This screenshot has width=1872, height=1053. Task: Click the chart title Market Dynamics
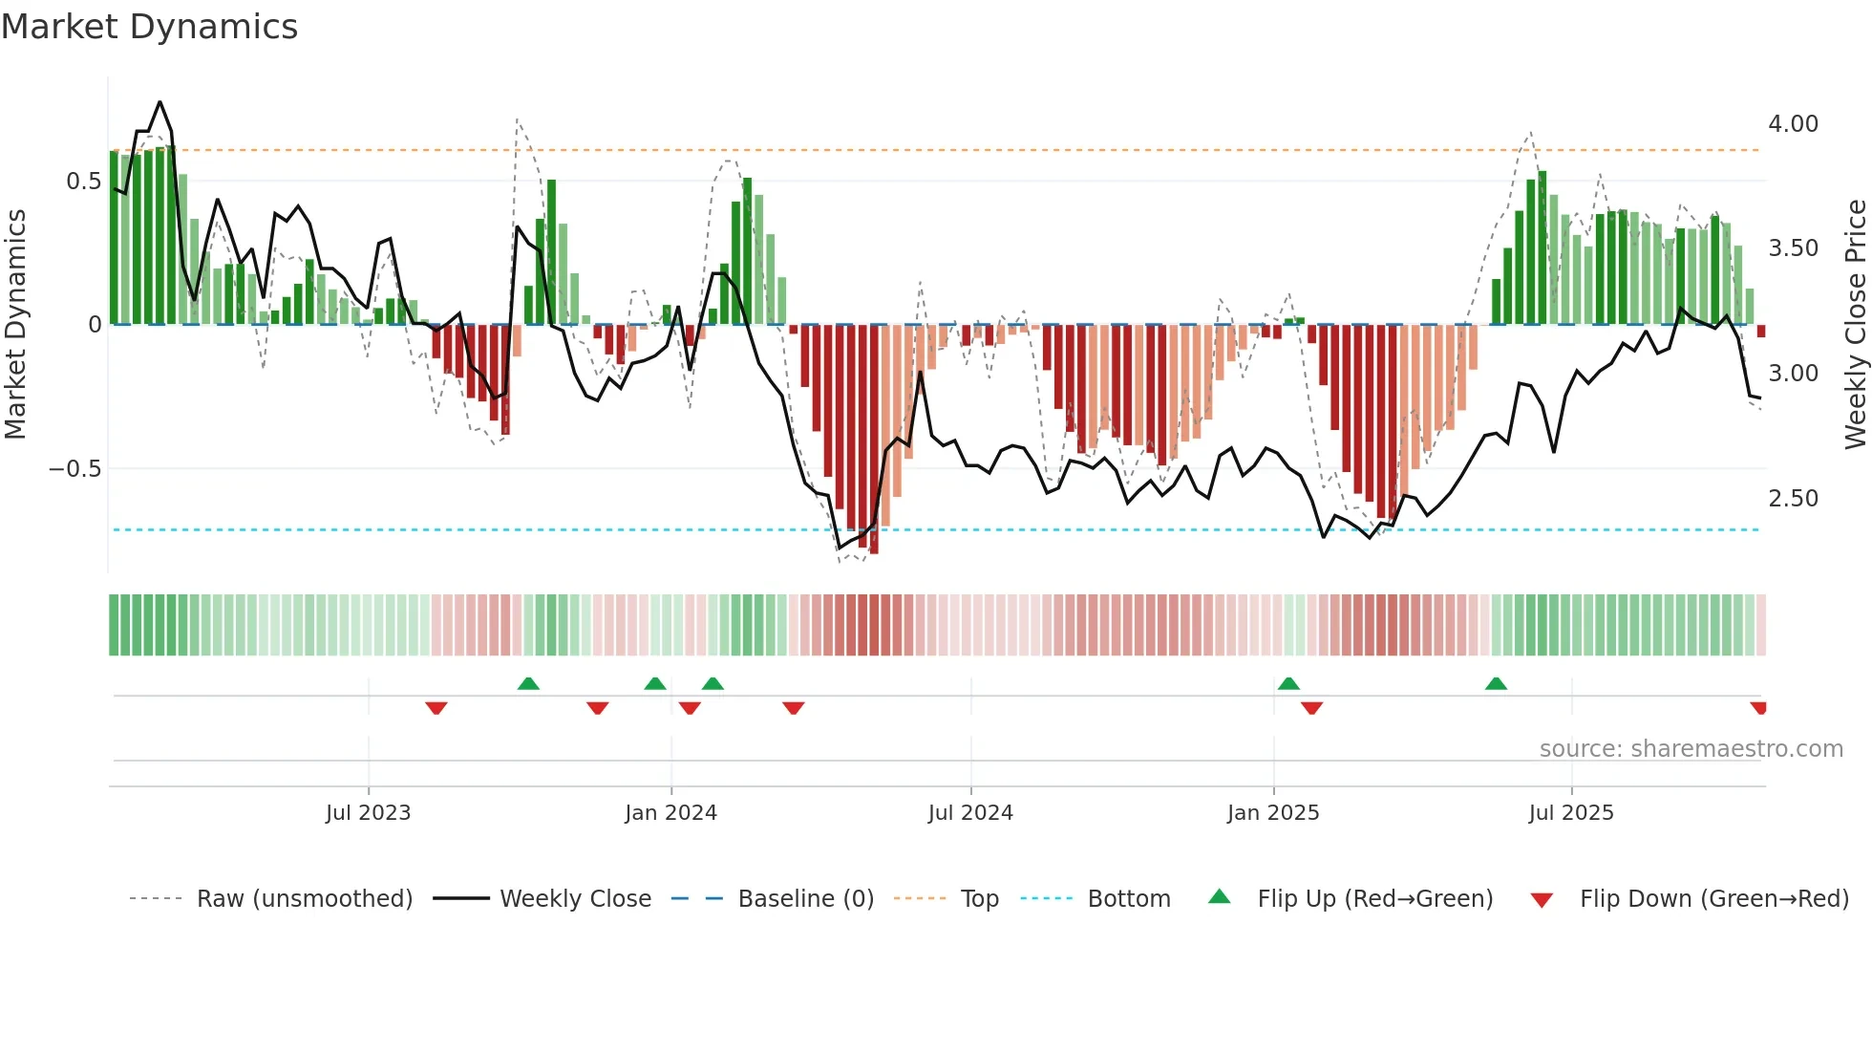click(149, 27)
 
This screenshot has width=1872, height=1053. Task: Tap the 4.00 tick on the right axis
click(1793, 124)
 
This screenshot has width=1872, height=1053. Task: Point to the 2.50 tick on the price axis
click(1793, 499)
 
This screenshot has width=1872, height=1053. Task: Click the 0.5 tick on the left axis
click(83, 182)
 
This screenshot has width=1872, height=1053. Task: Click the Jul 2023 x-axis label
click(368, 813)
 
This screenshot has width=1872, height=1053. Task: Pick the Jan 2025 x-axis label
click(1272, 813)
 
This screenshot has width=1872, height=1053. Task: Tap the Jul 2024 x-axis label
click(969, 813)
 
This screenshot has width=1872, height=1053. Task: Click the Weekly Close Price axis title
click(1855, 324)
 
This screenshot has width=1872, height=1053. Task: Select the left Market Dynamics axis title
click(15, 324)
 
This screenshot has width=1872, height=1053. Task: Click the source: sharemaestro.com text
click(1691, 749)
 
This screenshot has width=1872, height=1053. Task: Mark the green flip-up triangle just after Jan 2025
click(1288, 684)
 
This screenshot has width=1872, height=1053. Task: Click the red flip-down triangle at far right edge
click(1758, 708)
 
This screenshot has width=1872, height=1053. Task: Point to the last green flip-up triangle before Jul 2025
click(1496, 684)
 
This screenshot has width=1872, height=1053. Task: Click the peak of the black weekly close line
click(160, 102)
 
